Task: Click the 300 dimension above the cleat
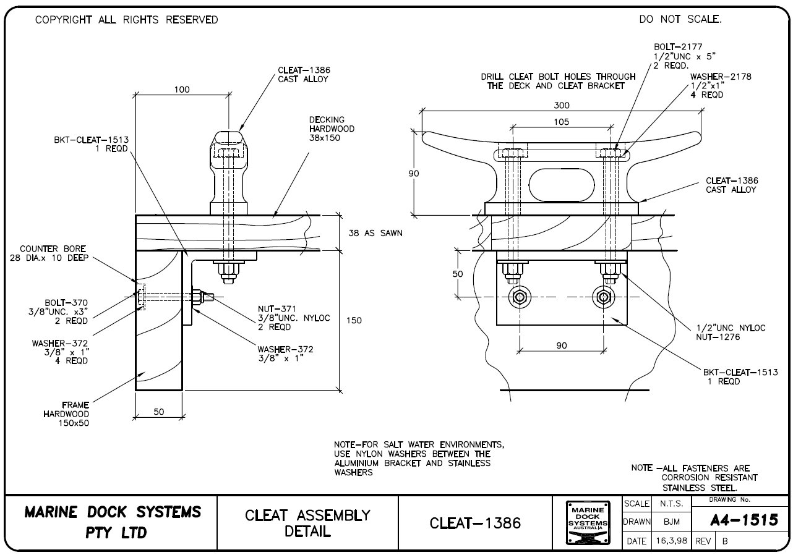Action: [562, 106]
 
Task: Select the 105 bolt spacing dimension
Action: [562, 122]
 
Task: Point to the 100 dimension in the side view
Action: [182, 90]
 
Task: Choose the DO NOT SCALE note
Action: [680, 20]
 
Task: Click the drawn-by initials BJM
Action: [672, 522]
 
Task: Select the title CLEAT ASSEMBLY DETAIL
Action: [308, 523]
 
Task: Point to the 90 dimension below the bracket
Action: [562, 345]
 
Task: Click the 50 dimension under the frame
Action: [159, 412]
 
